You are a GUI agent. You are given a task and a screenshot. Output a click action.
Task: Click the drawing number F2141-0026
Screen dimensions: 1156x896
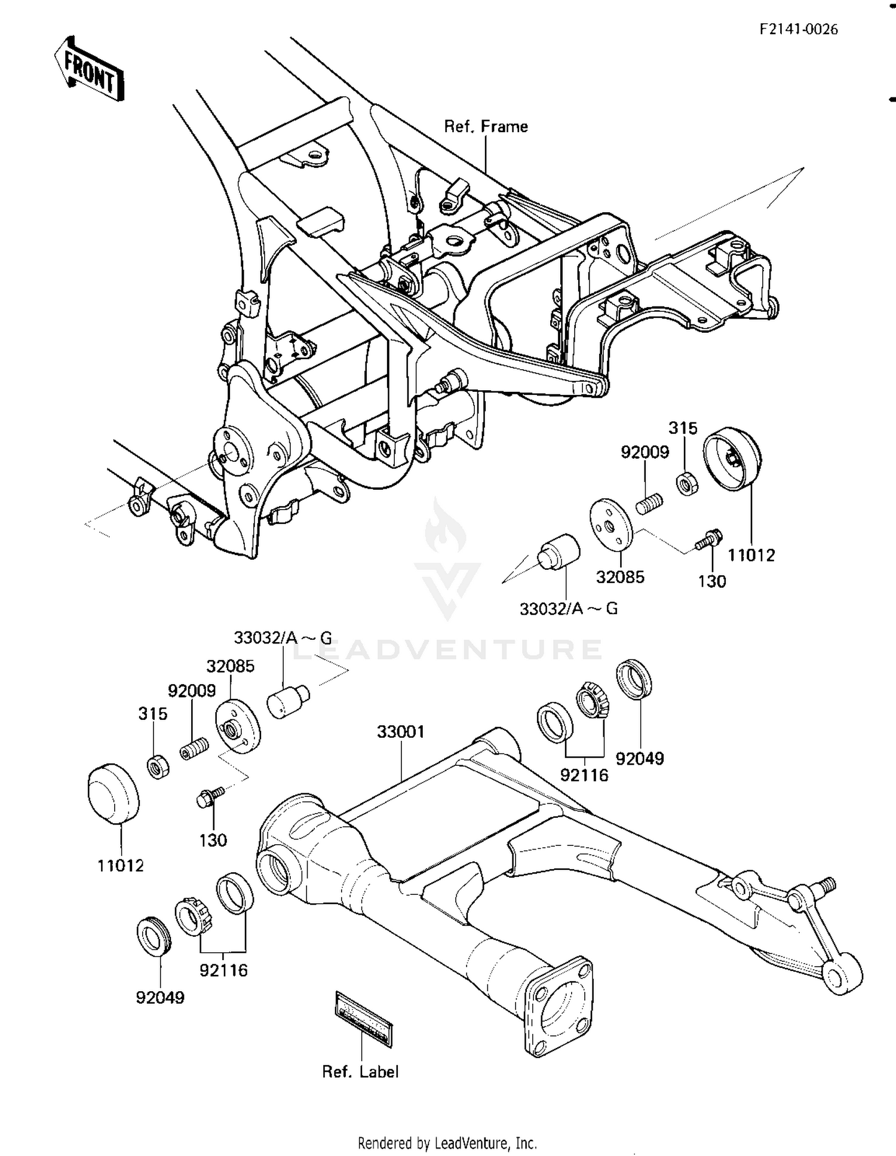click(799, 29)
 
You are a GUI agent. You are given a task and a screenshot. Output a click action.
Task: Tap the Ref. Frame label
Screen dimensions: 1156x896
click(486, 127)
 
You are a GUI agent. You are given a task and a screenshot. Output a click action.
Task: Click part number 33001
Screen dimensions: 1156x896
click(400, 732)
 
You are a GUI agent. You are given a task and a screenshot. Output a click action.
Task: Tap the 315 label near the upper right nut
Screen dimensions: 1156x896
click(683, 428)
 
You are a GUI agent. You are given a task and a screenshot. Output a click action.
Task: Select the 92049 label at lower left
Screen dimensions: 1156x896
click(160, 998)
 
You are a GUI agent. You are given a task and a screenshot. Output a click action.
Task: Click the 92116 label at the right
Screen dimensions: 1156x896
click(584, 775)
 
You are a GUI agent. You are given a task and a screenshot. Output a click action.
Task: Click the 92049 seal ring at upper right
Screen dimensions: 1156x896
click(634, 679)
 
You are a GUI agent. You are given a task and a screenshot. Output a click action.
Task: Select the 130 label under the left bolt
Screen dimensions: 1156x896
click(213, 840)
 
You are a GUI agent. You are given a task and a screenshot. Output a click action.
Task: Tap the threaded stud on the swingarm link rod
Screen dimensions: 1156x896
click(828, 883)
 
